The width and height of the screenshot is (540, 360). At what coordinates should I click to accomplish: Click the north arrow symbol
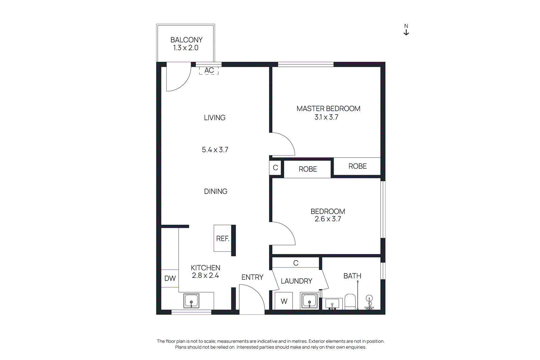(x=406, y=30)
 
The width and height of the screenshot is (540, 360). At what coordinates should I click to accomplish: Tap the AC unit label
(x=209, y=70)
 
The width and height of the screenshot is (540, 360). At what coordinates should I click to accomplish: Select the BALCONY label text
(x=186, y=40)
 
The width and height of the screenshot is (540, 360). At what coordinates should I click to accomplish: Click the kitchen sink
(x=191, y=301)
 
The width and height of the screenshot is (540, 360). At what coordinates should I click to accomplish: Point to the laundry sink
(x=309, y=301)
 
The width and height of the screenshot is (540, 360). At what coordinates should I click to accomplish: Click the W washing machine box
(x=284, y=301)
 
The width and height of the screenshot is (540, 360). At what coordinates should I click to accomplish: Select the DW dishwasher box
(x=170, y=278)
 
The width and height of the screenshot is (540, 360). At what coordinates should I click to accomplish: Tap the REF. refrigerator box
(x=222, y=238)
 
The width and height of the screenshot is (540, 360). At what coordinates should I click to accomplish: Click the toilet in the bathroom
(x=350, y=301)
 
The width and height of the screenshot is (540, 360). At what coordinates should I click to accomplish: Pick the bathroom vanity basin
(x=332, y=303)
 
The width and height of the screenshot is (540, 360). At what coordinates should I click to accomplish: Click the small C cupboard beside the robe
(x=275, y=168)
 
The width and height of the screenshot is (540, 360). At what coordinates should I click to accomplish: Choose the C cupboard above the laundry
(x=296, y=263)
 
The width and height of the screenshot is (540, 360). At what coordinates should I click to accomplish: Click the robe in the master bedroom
(x=357, y=166)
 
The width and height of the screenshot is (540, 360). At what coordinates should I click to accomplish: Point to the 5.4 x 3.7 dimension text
(x=215, y=149)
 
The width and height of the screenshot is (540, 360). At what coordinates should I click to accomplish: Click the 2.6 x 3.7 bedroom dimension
(x=328, y=219)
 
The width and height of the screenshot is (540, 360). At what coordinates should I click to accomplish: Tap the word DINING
(x=216, y=191)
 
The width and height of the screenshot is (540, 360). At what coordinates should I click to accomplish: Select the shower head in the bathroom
(x=369, y=299)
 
